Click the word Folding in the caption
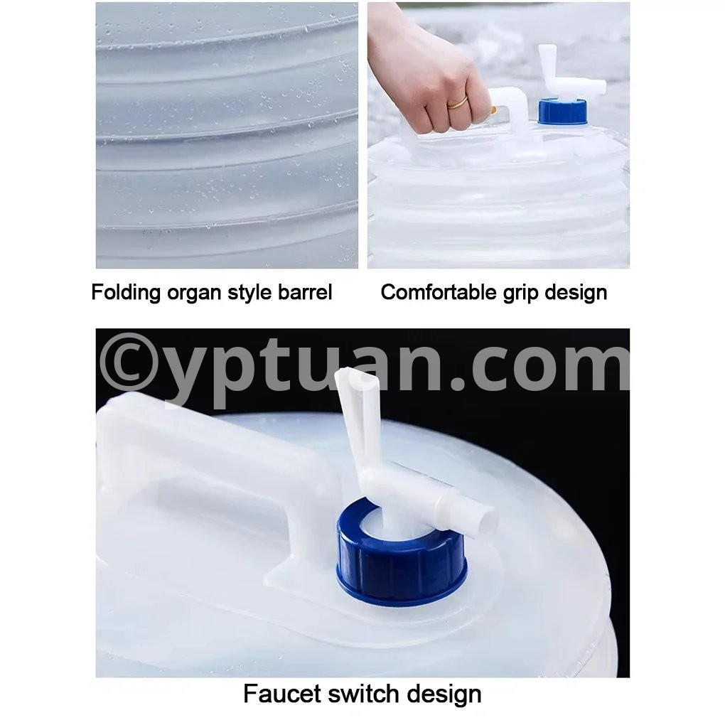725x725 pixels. pyautogui.click(x=125, y=293)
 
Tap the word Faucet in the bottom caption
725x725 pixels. pyautogui.click(x=282, y=694)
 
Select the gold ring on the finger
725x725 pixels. pyautogui.click(x=457, y=102)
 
